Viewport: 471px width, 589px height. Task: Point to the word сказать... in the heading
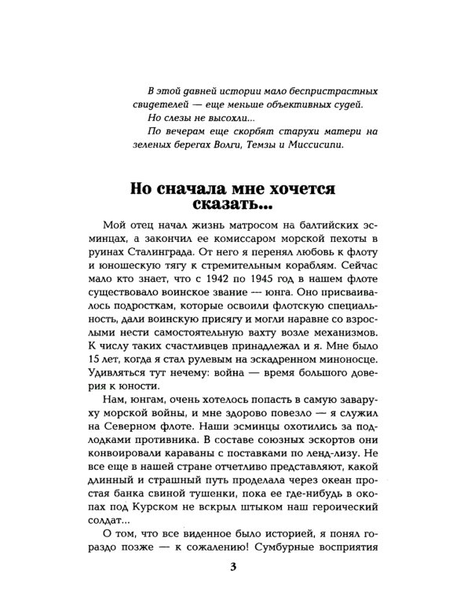[x=233, y=213]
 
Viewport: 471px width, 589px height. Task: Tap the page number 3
[x=235, y=568]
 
